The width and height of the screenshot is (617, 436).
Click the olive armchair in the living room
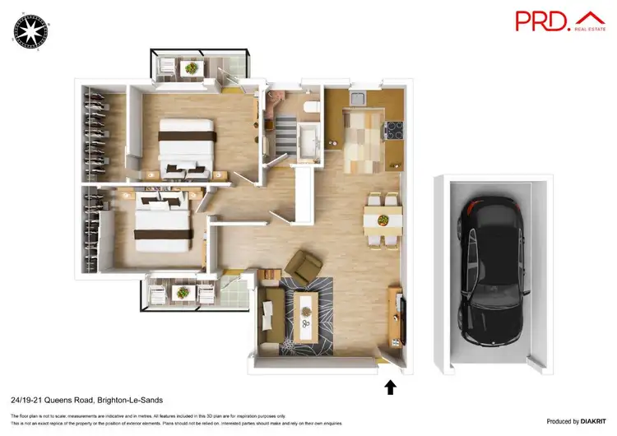pyautogui.click(x=304, y=266)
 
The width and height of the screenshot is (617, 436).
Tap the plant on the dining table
pyautogui.click(x=383, y=220)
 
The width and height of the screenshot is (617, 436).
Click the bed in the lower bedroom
pyautogui.click(x=164, y=223)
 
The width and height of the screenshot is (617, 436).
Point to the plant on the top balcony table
pyautogui.click(x=191, y=68)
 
